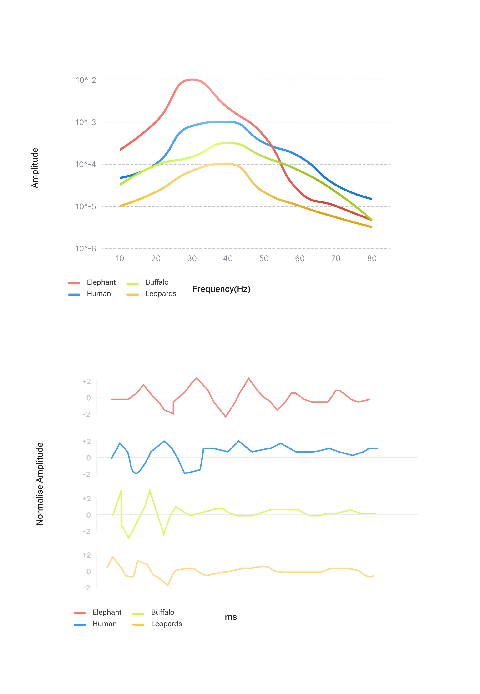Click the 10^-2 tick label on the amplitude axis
coord(86,80)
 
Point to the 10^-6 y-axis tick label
coord(86,249)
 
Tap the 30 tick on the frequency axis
coord(192,258)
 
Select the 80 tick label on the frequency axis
coord(372,258)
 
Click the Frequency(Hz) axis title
coord(221,289)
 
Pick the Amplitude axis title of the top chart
coord(35,168)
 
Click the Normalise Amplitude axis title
coord(40,484)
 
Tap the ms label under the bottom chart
coord(231,617)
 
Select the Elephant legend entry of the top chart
coord(92,282)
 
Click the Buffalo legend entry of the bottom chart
coord(153,612)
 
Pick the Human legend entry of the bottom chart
coord(95,624)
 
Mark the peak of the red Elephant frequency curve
coord(192,80)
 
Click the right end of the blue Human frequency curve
coord(371,199)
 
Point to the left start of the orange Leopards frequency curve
coord(120,206)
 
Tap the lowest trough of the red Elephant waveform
coord(226,417)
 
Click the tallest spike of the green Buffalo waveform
coord(150,490)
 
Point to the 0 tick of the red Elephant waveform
coord(88,398)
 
